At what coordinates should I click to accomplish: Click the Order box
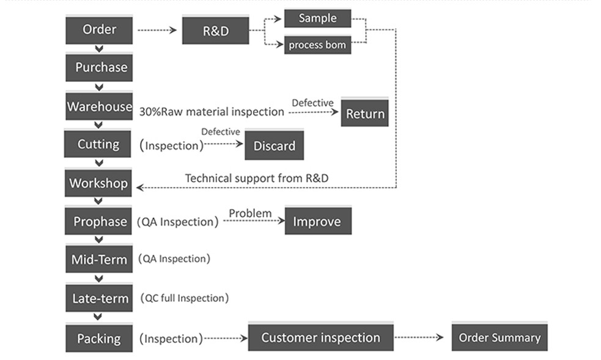(99, 29)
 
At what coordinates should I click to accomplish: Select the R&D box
(215, 30)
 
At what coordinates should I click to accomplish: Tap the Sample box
(317, 18)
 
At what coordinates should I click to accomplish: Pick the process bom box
(317, 45)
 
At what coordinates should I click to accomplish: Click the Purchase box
(99, 67)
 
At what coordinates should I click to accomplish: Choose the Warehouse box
(99, 106)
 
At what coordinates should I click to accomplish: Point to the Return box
(364, 112)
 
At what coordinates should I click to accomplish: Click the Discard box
(275, 145)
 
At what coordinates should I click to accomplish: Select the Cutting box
(97, 144)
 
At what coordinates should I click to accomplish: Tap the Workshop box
(98, 183)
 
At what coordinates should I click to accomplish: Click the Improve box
(318, 221)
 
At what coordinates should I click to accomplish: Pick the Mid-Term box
(99, 259)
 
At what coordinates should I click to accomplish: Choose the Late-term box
(99, 298)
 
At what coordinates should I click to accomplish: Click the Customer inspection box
(321, 337)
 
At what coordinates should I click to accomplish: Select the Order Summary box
(500, 337)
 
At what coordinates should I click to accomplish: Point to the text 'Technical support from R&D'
(256, 178)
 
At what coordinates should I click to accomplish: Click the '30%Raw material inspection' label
(212, 112)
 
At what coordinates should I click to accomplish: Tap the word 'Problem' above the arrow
(250, 213)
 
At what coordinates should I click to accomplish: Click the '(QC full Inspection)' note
(185, 298)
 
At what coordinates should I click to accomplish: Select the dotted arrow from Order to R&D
(157, 30)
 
